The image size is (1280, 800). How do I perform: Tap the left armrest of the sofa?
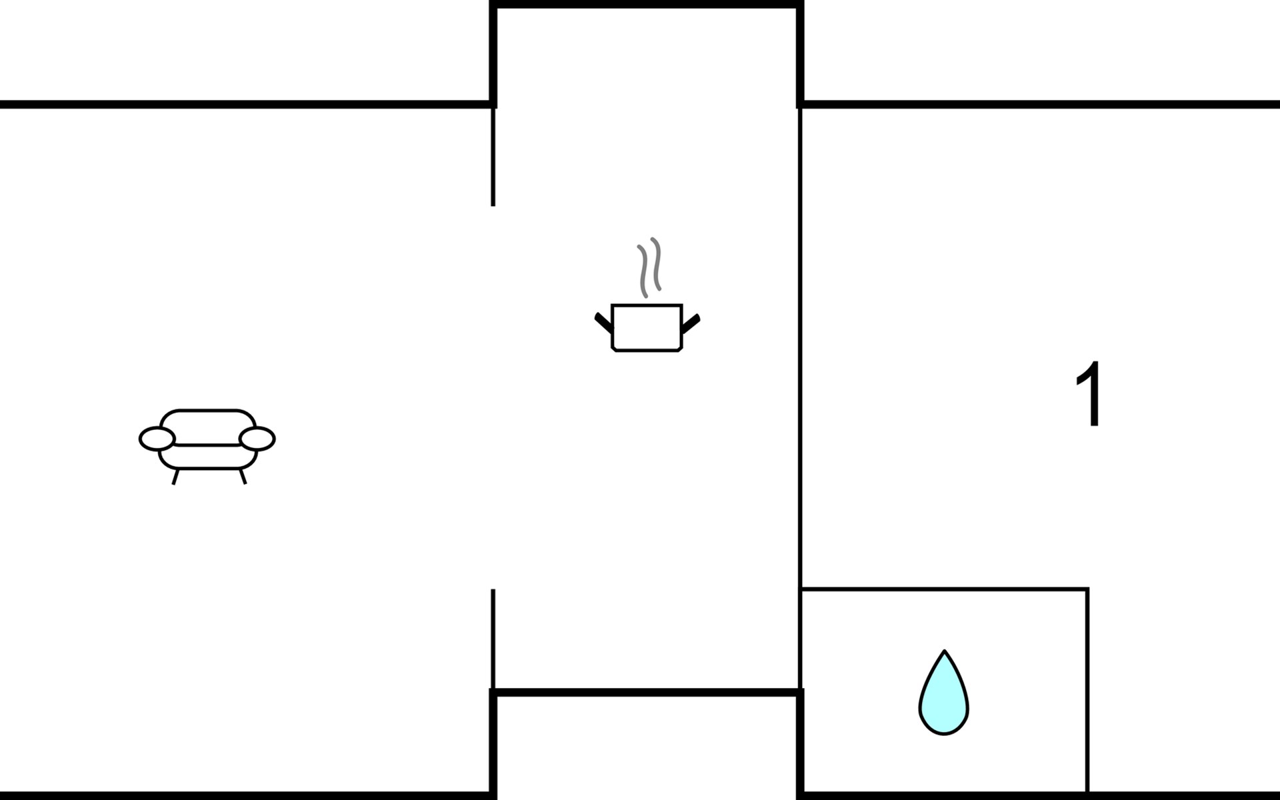pos(157,439)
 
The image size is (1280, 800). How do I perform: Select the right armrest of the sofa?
pos(257,439)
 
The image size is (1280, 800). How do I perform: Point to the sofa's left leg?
pos(175,476)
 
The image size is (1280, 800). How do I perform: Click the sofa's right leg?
pos(243,476)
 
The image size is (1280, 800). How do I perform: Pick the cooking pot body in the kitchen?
pos(647,327)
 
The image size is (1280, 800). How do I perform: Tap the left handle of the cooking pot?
pos(603,323)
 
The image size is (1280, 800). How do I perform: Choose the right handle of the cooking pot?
pos(691,323)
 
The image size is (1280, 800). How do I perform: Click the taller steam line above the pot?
pos(657,264)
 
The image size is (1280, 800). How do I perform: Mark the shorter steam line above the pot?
pos(643,271)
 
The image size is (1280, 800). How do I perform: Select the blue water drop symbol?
pos(944,693)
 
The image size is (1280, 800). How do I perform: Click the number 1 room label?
pos(1089,394)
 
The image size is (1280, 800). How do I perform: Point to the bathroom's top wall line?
pos(945,589)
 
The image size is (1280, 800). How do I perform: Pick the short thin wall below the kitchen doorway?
pos(493,639)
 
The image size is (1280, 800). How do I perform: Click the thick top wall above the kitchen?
pos(647,5)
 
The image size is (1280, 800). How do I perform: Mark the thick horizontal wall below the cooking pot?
pos(647,693)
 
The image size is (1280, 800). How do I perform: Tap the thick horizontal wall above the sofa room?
pos(247,104)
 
